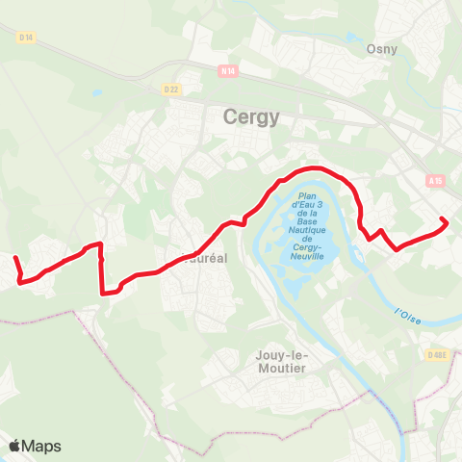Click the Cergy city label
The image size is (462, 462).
coord(251,117)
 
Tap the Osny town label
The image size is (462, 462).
coord(382,48)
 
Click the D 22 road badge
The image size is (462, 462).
coord(171,90)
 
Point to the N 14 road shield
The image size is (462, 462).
coord(227,70)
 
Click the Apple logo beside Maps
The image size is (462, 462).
coord(16,446)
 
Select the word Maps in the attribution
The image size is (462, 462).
coord(42,446)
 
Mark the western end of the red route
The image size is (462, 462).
coord(14,257)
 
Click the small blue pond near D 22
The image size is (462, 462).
coord(96,93)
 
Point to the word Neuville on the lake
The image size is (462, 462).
coord(311,256)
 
